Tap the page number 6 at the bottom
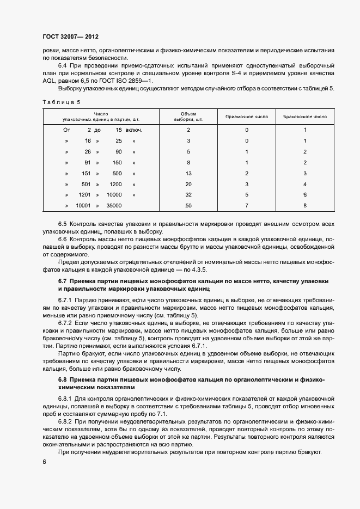pyautogui.click(x=44, y=462)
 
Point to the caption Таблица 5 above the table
pyautogui.click(x=60, y=102)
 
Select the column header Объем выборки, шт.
pyautogui.click(x=188, y=116)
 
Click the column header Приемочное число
pyautogui.click(x=246, y=116)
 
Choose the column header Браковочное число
pyautogui.click(x=305, y=116)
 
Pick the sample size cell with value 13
pyautogui.click(x=188, y=173)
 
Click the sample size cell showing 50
pyautogui.click(x=188, y=206)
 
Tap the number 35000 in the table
pyautogui.click(x=114, y=206)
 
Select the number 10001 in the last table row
pyautogui.click(x=83, y=206)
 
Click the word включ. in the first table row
pyautogui.click(x=134, y=130)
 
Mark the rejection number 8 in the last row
pyautogui.click(x=305, y=206)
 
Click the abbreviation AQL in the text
pyautogui.click(x=49, y=81)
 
